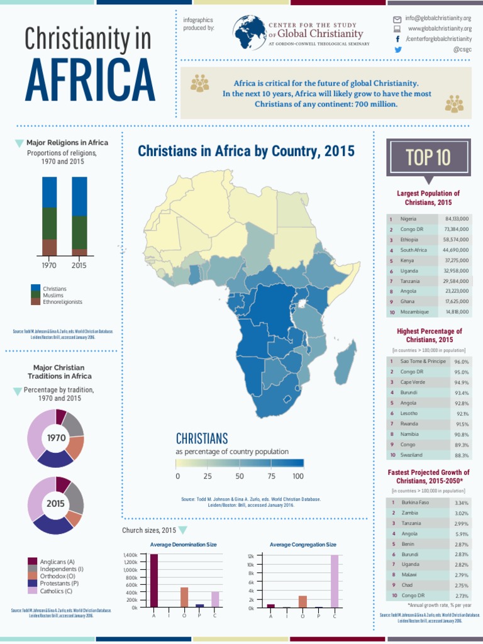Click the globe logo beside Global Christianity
tap(249, 33)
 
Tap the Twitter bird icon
tap(397, 49)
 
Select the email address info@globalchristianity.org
tap(438, 19)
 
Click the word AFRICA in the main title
tap(91, 78)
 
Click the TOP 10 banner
tap(428, 157)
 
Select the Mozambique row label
tap(414, 311)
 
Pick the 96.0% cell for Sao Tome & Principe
tap(461, 362)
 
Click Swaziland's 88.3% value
tap(461, 455)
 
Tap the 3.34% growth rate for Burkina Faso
tap(461, 503)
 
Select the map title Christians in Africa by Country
tap(246, 152)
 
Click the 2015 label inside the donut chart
tap(55, 504)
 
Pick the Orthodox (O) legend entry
tap(57, 575)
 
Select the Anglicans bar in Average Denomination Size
tap(153, 580)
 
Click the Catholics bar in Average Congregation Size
tap(335, 581)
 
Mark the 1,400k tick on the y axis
tap(130, 555)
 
